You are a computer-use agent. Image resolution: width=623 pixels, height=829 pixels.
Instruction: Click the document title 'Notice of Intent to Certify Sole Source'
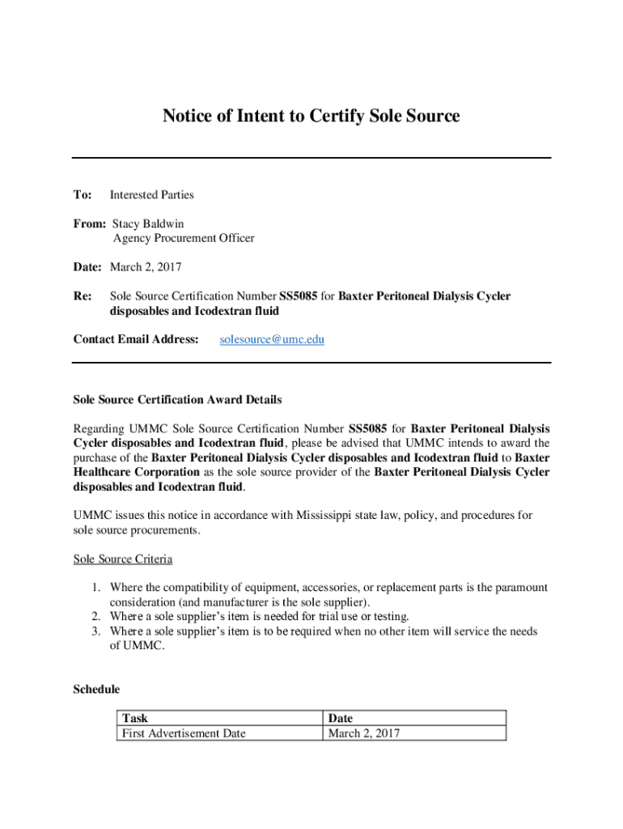tap(311, 117)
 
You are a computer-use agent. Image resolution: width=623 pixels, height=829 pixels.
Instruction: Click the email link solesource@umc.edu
tap(272, 339)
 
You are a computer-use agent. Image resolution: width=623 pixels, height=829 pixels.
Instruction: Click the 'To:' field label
tap(83, 194)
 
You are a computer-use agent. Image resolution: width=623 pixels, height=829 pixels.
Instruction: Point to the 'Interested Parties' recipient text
tap(151, 194)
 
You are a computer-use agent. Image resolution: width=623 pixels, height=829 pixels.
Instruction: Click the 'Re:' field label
tap(83, 296)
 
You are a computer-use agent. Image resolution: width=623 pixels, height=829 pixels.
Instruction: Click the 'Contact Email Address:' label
tap(136, 339)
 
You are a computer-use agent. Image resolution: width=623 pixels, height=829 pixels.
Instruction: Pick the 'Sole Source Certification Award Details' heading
tap(177, 399)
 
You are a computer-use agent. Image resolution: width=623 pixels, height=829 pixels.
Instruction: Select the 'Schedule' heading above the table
tap(96, 689)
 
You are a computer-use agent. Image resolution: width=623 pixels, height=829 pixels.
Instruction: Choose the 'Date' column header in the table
tap(340, 718)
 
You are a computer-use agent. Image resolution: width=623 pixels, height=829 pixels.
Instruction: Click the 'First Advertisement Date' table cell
tap(183, 733)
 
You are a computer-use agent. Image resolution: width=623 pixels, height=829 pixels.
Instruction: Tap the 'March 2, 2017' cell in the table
tap(363, 733)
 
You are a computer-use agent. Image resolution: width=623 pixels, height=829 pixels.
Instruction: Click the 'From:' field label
tap(89, 223)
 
